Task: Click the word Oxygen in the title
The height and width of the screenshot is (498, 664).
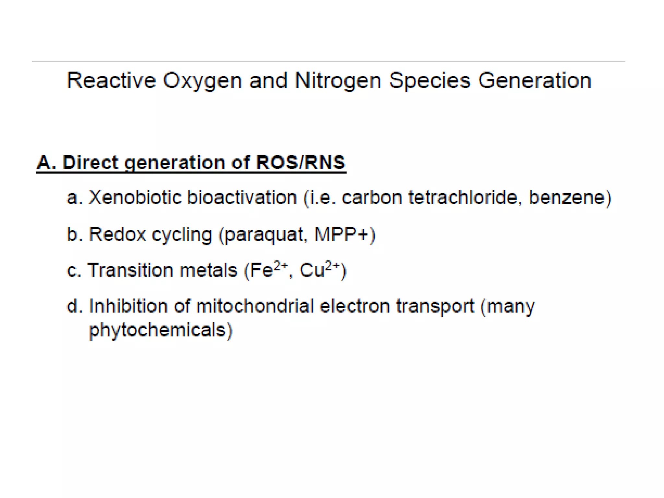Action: [202, 81]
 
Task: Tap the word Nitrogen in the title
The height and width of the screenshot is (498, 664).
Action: [338, 81]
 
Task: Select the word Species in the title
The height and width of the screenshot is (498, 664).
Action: [429, 81]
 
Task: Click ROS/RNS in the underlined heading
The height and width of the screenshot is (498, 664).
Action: [301, 162]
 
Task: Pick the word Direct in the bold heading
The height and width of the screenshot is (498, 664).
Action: [90, 162]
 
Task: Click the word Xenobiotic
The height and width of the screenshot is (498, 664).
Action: [135, 197]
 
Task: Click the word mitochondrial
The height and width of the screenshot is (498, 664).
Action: [255, 306]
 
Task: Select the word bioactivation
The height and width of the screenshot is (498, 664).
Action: [242, 197]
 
